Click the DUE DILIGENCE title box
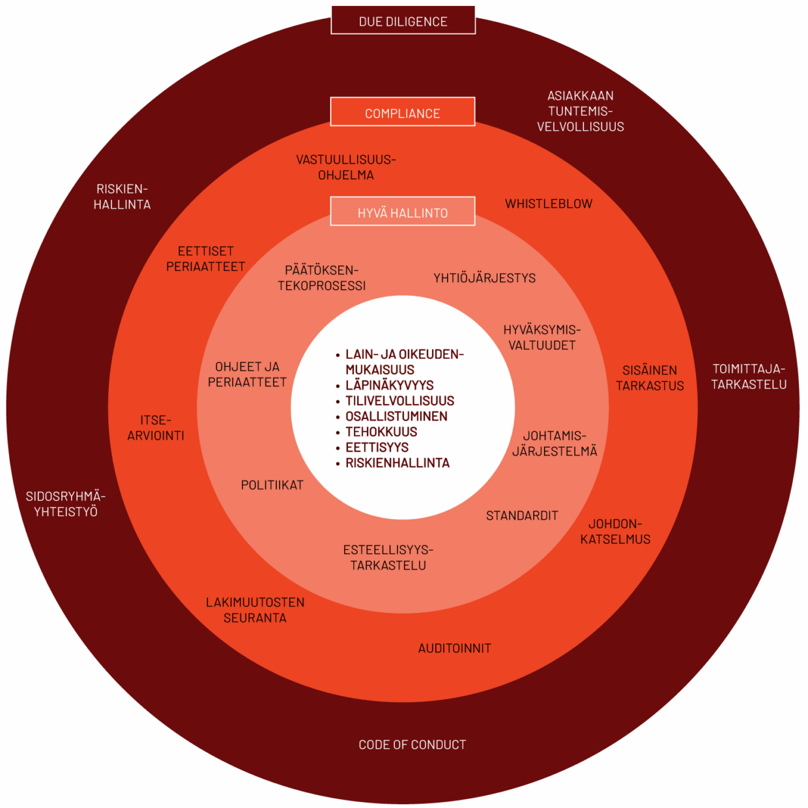403,21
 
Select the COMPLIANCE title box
403,113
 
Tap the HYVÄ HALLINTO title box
403,212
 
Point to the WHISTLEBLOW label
549,204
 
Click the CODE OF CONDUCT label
412,744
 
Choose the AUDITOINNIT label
455,648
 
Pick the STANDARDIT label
522,515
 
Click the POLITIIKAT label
272,485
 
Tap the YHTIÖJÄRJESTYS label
485,278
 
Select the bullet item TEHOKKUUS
381,432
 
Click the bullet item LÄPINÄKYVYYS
390,385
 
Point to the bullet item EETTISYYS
377,448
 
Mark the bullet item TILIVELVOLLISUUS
399,401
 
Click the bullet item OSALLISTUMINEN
396,416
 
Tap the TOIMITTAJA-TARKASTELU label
749,377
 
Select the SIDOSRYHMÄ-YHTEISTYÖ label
66,504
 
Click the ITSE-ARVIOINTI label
156,427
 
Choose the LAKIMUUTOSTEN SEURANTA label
255,610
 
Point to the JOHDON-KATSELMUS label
615,531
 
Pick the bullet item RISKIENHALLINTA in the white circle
397,463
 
